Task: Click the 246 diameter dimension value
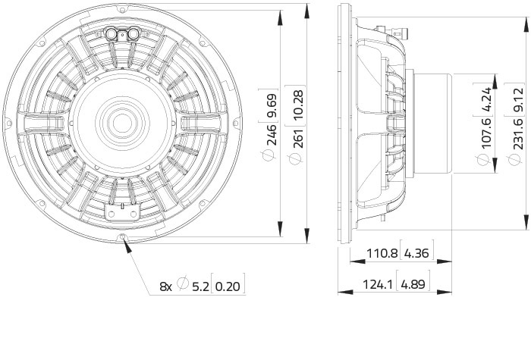(272, 136)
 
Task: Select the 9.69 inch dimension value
(272, 105)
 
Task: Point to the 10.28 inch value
(298, 105)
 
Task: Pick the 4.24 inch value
(486, 99)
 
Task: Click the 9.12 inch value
(518, 100)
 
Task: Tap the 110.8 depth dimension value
(382, 252)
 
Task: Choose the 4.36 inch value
(417, 252)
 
